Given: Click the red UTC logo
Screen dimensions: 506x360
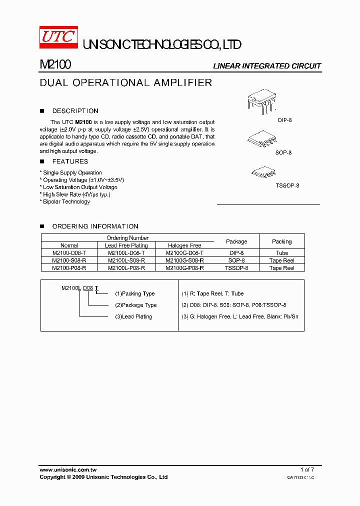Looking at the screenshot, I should tap(58, 38).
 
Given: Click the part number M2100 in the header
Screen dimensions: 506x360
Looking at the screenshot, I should tap(55, 65).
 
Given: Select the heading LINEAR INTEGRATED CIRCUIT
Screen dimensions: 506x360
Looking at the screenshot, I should tap(267, 66).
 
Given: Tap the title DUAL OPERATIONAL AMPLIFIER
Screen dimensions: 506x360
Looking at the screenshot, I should tap(125, 82).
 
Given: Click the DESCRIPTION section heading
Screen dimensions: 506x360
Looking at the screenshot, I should tap(75, 111).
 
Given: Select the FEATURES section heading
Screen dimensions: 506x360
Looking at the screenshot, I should tap(70, 161).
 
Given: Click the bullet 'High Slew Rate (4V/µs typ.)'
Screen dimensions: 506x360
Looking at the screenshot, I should tap(75, 194).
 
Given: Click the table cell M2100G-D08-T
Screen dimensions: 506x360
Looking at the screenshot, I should tap(184, 253).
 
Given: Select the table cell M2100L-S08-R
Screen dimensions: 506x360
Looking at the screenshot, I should tap(126, 260).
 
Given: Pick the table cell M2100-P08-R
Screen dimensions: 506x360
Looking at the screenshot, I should tap(69, 268).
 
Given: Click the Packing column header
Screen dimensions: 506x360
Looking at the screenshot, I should tap(281, 241).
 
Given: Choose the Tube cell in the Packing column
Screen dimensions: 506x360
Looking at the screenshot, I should tap(281, 253).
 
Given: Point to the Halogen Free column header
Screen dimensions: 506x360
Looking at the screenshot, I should tap(184, 245).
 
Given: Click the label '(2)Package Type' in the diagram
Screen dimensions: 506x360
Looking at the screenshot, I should tap(135, 305).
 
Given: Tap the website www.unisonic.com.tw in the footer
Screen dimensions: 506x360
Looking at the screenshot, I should tap(68, 469).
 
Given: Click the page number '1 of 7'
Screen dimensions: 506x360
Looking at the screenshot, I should tap(307, 469).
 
